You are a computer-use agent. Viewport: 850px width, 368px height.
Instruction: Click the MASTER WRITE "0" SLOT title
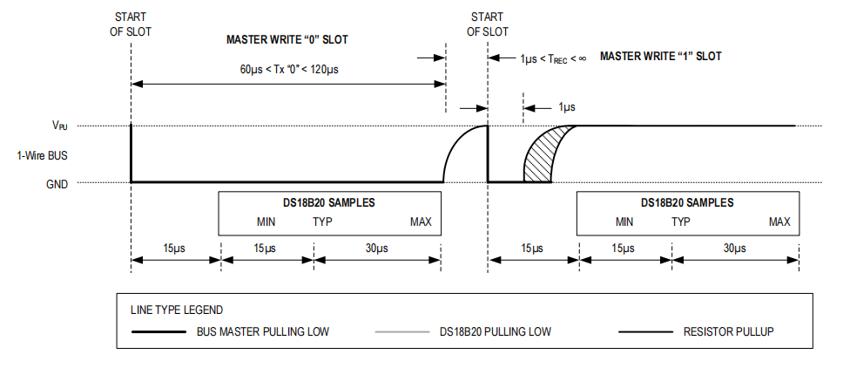pyautogui.click(x=287, y=39)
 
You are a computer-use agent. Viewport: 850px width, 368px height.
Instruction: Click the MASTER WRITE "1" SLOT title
pyautogui.click(x=660, y=56)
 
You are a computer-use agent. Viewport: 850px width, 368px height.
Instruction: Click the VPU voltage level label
pyautogui.click(x=59, y=126)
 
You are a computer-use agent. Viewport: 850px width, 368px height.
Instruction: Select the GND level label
pyautogui.click(x=57, y=184)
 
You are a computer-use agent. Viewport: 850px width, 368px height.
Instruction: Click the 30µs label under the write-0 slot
pyautogui.click(x=376, y=249)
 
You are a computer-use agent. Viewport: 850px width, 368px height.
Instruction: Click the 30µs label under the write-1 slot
pyautogui.click(x=734, y=249)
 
